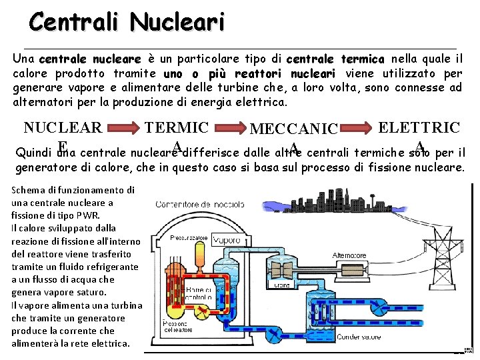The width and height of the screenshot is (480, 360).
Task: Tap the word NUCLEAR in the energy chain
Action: tap(63, 127)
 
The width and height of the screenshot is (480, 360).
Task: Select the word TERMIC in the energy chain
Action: tap(177, 127)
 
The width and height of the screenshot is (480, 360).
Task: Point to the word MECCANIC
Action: tap(294, 129)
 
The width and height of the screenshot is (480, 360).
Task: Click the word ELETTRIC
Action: tap(419, 127)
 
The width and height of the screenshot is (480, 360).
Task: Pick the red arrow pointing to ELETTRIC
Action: tap(357, 127)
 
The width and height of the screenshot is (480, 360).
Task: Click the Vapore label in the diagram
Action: tap(230, 239)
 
